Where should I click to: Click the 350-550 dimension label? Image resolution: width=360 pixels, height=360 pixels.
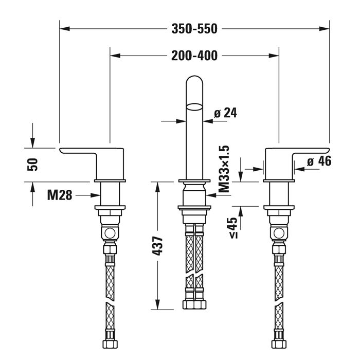point(194,29)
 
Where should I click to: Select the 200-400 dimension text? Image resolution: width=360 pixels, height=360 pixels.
point(194,56)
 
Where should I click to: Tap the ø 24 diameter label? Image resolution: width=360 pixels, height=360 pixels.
point(225,113)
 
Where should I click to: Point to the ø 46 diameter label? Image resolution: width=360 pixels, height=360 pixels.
point(319,161)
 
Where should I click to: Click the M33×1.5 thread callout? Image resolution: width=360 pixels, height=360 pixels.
point(224,169)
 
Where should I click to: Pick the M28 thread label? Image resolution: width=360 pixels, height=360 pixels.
point(59,195)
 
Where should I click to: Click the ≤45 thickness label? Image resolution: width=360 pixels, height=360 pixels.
point(232,227)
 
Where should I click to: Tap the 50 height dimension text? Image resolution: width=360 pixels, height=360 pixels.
point(32,165)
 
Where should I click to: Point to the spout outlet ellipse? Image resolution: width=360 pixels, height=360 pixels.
point(194,107)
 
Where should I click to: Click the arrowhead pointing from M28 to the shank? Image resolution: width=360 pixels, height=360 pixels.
point(96,195)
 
